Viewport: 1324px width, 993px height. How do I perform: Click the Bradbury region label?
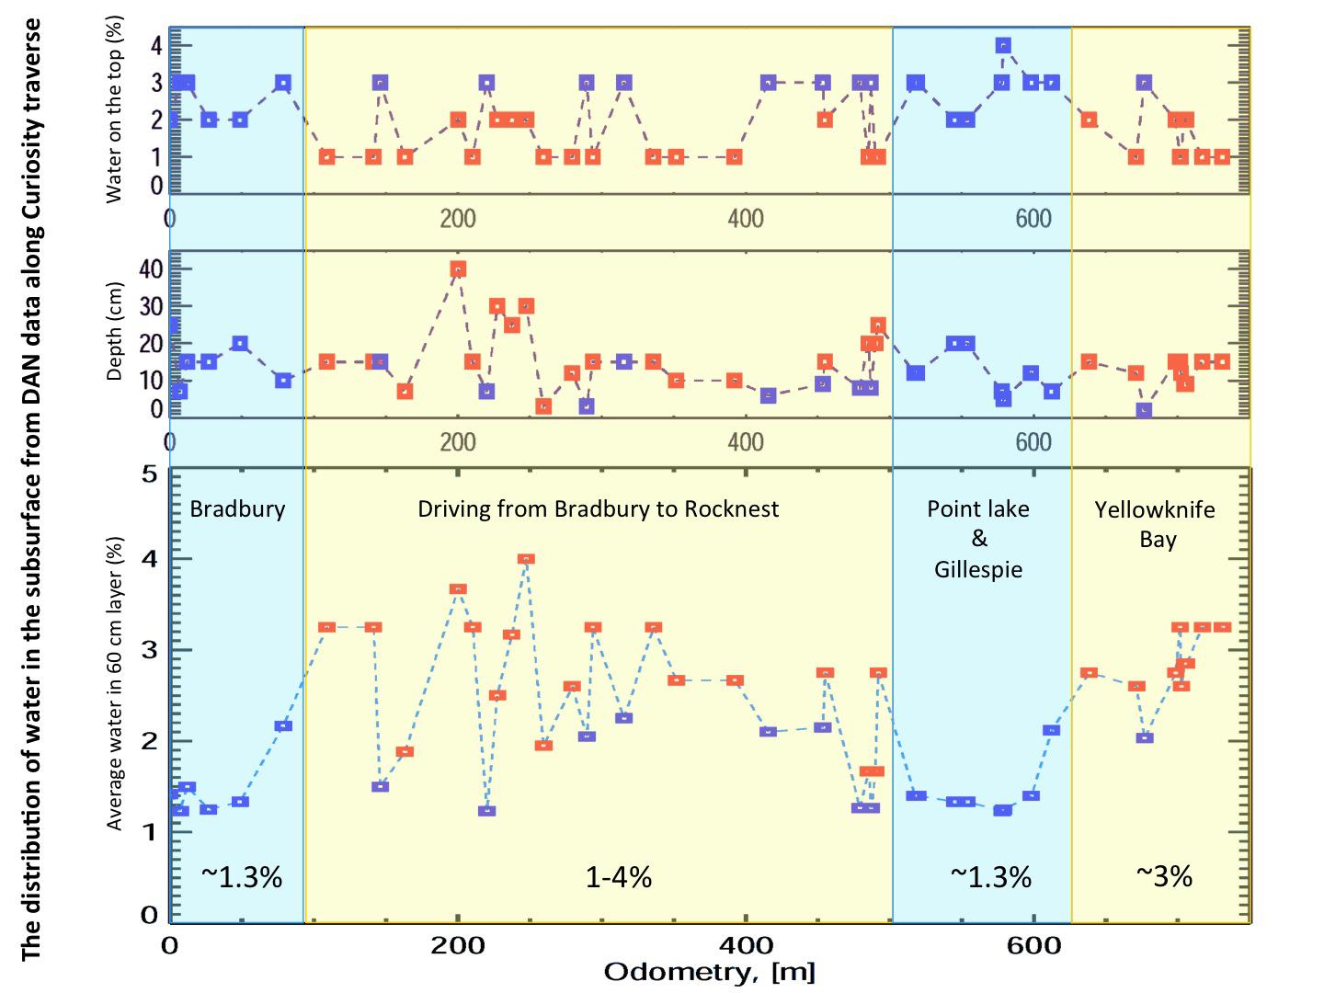pos(237,509)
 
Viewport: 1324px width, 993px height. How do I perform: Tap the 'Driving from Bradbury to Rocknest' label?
pos(598,509)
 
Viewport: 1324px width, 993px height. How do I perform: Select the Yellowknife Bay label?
pos(1156,524)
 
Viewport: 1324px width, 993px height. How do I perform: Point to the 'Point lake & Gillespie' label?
pos(978,539)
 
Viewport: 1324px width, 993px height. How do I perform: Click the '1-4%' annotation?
pos(619,877)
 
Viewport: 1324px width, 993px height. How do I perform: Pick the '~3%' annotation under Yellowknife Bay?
pos(1163,876)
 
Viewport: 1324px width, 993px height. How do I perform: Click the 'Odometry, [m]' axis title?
pos(709,972)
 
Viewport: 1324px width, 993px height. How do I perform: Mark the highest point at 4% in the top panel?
pos(1003,45)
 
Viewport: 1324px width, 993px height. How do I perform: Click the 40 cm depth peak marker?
pos(458,268)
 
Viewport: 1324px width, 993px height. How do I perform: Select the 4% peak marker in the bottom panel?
pos(526,559)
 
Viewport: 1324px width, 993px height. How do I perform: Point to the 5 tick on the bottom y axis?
pos(149,474)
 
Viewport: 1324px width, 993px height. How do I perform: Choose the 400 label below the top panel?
pos(746,219)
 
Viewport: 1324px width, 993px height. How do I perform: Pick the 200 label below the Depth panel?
pos(458,441)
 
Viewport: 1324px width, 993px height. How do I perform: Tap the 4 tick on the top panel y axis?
pos(155,45)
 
